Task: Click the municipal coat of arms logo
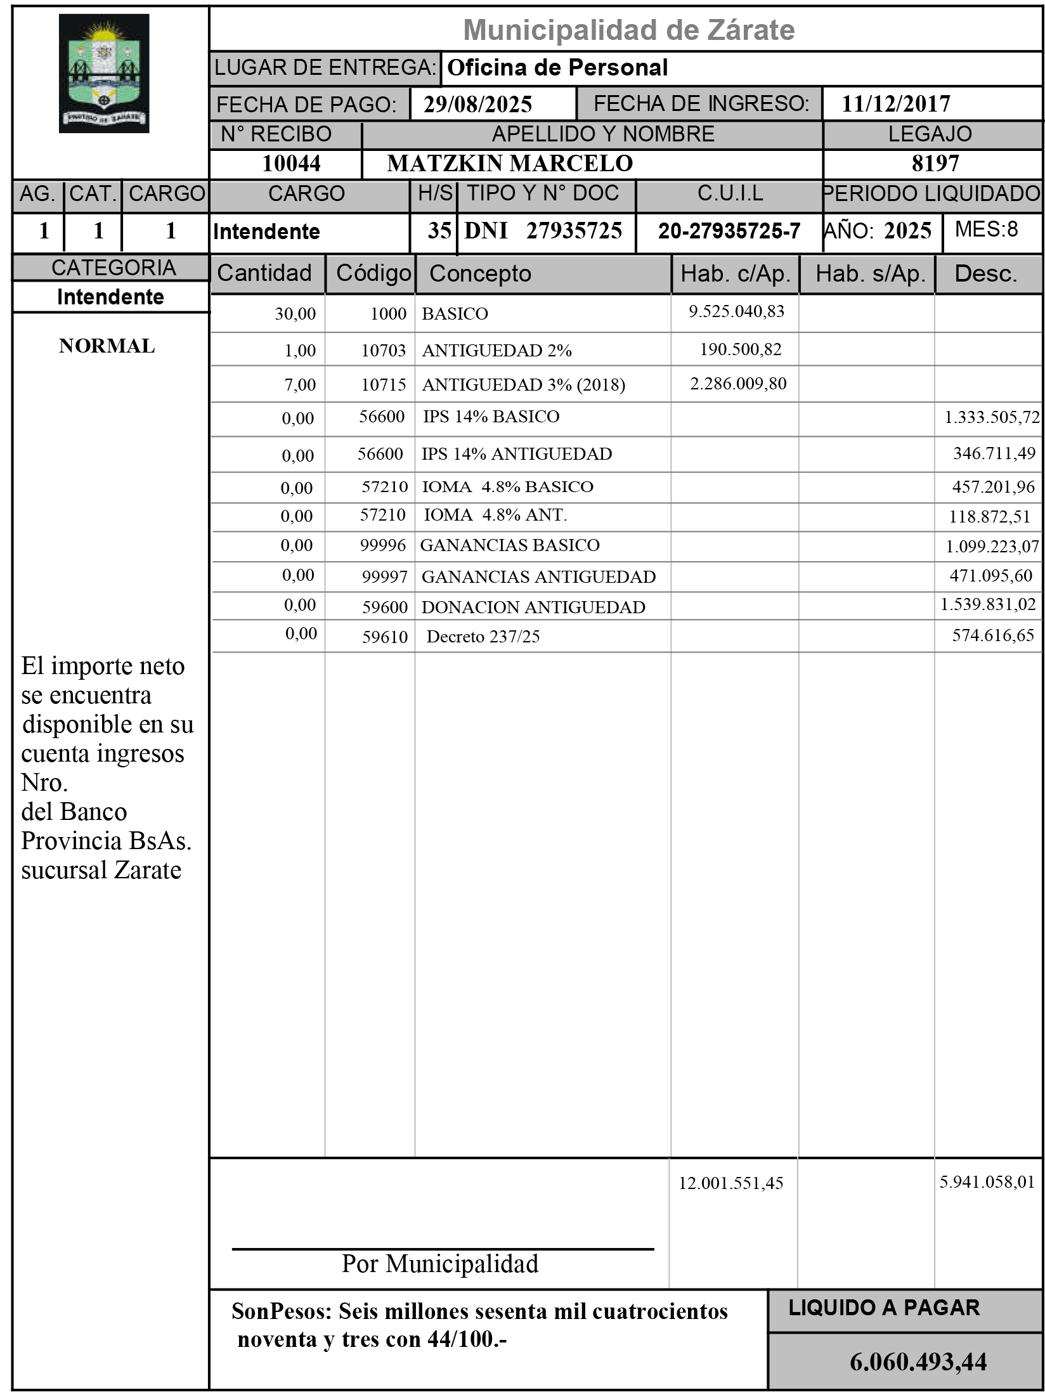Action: [x=104, y=74]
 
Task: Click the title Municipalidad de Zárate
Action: [x=628, y=30]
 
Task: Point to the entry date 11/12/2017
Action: [x=895, y=104]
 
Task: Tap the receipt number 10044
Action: [x=291, y=164]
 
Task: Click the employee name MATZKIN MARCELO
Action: [x=510, y=164]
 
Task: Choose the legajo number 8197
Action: [x=935, y=164]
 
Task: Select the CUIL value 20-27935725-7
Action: [x=729, y=231]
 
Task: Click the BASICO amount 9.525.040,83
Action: [x=736, y=311]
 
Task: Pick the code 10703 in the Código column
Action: [x=383, y=350]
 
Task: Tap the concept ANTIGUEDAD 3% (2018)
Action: [x=523, y=384]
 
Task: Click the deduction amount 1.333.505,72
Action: [x=992, y=417]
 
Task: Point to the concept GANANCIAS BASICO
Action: [x=510, y=545]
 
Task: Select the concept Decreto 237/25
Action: [x=483, y=637]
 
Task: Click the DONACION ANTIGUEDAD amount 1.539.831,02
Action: [x=987, y=604]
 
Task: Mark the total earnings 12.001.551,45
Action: [x=730, y=1183]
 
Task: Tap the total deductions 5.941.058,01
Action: [x=987, y=1182]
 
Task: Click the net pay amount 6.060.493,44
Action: [x=918, y=1362]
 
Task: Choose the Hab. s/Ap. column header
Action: [x=870, y=274]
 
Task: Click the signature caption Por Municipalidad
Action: [x=440, y=1264]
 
